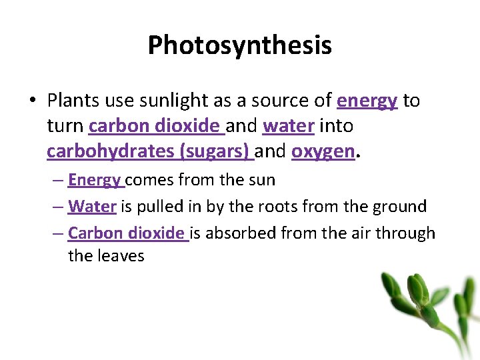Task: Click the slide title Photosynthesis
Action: click(239, 45)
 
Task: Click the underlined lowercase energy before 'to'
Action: click(367, 101)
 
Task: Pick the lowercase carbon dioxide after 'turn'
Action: click(155, 126)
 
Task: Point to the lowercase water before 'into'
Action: click(289, 126)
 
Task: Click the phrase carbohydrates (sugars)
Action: click(149, 151)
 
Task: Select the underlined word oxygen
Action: click(323, 152)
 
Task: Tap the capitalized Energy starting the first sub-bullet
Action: click(95, 180)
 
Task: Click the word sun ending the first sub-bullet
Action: click(261, 181)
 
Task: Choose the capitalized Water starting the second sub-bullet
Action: click(92, 207)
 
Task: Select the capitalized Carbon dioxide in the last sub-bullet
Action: click(127, 233)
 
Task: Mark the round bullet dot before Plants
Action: click(32, 101)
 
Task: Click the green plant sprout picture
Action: click(427, 310)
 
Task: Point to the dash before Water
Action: click(58, 207)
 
